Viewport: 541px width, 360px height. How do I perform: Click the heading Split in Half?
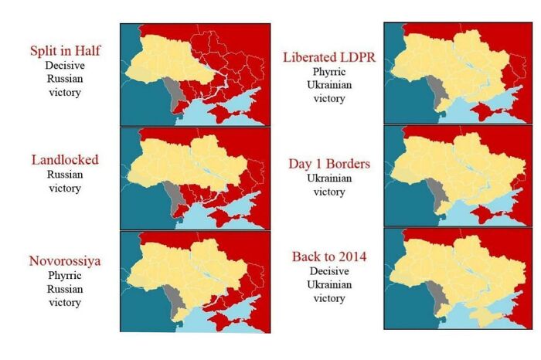[x=66, y=51]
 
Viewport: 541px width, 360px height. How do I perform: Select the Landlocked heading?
[x=65, y=160]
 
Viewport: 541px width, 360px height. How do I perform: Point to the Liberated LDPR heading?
[x=329, y=57]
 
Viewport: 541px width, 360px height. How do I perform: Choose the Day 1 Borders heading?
[x=329, y=164]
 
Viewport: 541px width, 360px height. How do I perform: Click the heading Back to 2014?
[x=329, y=256]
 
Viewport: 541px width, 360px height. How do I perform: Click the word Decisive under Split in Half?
[x=66, y=66]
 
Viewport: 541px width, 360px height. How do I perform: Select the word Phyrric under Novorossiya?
[x=66, y=274]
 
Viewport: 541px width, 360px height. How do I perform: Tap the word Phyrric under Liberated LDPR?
[x=329, y=71]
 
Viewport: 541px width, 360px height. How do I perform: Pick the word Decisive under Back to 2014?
[x=329, y=271]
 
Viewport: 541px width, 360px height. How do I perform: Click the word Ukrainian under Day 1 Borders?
[x=329, y=178]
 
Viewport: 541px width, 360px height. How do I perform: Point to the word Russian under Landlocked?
[x=66, y=174]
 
